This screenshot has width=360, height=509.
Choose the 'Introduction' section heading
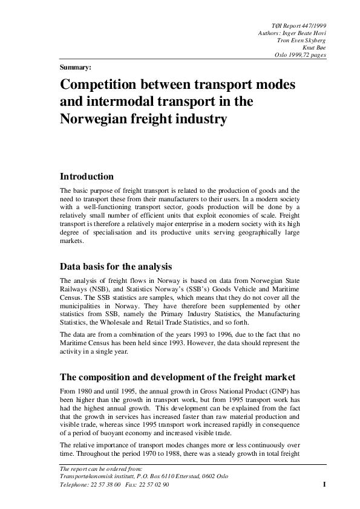pyautogui.click(x=87, y=177)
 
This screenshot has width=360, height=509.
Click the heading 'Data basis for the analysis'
pyautogui.click(x=116, y=266)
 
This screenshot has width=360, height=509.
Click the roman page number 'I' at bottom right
pyautogui.click(x=324, y=485)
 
